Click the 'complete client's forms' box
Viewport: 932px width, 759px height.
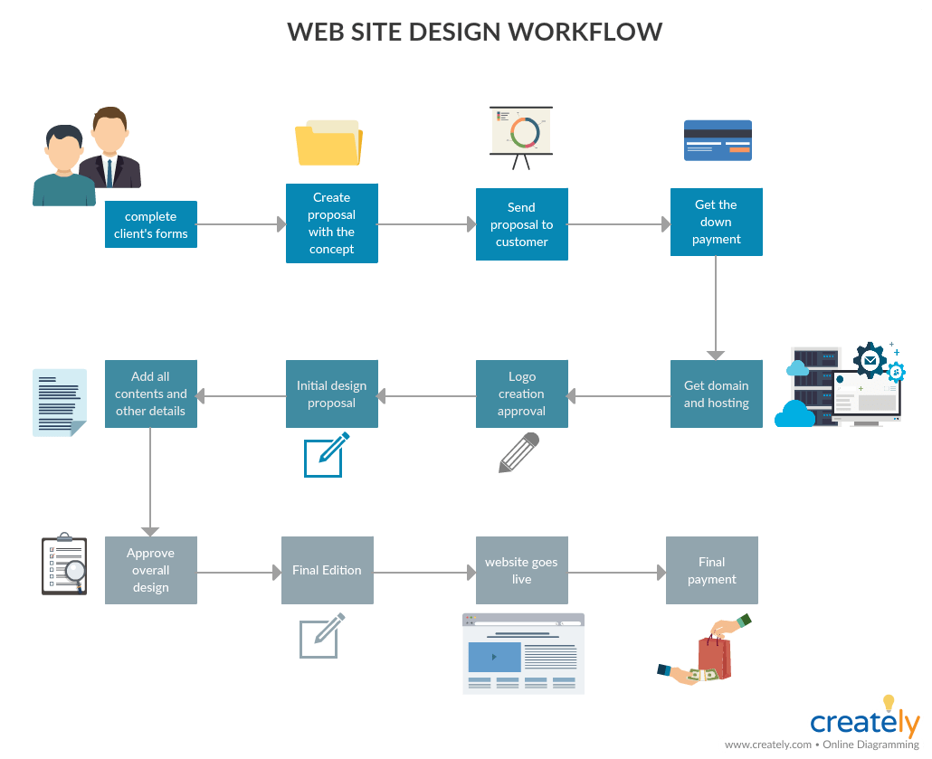[151, 224]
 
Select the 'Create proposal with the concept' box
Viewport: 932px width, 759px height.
[332, 223]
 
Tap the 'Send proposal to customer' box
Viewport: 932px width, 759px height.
[522, 224]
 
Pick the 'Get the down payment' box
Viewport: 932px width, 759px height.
[717, 223]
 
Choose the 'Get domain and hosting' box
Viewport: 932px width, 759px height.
[717, 394]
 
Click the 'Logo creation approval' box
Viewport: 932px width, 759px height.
[522, 394]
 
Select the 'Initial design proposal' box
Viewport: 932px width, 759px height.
[332, 394]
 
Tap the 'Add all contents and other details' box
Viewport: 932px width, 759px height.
[151, 394]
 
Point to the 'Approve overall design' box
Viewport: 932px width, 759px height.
[151, 571]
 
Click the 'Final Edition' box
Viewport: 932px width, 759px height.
[328, 571]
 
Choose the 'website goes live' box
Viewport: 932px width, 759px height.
[522, 571]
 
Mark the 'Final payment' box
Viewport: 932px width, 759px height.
[712, 571]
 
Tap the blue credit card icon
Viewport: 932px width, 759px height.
[718, 140]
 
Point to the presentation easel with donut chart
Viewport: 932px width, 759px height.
[521, 136]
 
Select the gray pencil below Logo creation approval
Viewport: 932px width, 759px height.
[519, 452]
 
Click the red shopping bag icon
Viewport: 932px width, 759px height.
[713, 656]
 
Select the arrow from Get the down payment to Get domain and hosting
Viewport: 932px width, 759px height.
[717, 308]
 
